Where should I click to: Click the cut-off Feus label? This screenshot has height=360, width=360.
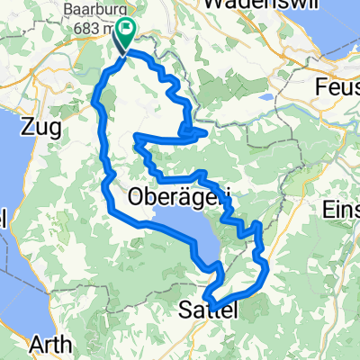(338, 87)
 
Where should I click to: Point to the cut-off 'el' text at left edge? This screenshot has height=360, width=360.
(4, 219)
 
